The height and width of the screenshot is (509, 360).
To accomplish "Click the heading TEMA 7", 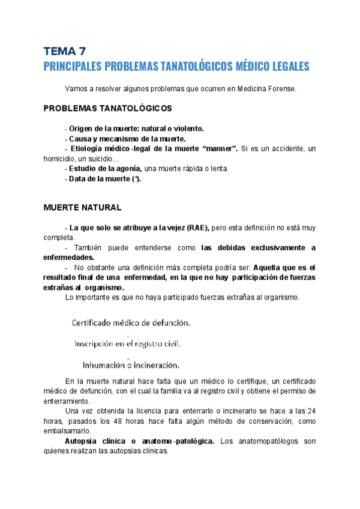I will pos(65,51).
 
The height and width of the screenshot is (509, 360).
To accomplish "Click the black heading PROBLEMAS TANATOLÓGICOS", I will pos(108,108).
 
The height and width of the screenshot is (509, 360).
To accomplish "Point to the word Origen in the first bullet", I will pos(82,128).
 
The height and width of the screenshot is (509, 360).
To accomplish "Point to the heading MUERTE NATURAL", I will pos(83,208).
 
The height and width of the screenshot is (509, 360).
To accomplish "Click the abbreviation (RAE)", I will pos(196,228).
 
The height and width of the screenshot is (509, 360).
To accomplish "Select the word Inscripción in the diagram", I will pos(98,344).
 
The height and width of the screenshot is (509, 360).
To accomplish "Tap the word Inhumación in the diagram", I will pos(104,364).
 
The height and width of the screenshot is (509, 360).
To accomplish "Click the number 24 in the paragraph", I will pos(311,411).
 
